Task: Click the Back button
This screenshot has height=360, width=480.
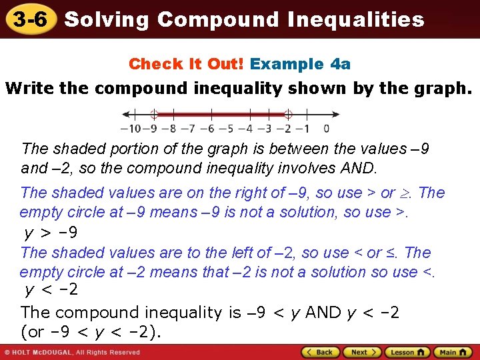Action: tap(321, 352)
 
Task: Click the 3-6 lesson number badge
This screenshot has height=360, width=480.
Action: tap(27, 19)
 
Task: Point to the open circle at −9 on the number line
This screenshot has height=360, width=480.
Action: tap(153, 114)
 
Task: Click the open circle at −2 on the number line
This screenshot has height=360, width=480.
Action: tap(288, 114)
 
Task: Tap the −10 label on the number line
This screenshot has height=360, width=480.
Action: tap(129, 129)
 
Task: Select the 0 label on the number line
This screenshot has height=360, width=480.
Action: tap(326, 129)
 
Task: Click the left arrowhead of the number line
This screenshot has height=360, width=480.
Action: tap(120, 114)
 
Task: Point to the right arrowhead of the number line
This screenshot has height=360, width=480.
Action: tap(331, 114)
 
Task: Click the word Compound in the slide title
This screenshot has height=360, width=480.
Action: tap(219, 19)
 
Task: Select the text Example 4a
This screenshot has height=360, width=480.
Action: tap(301, 64)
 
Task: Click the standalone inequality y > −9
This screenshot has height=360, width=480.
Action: tap(51, 233)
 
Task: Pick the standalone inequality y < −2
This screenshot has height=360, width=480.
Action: tap(51, 289)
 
